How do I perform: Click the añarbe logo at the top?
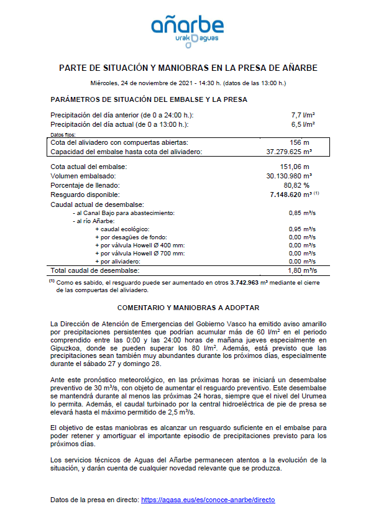[188, 30]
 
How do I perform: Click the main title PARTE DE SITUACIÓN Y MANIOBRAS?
[188, 68]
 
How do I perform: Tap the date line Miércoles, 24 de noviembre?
[188, 83]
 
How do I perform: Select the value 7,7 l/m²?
[303, 115]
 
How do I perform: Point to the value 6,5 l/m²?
[303, 124]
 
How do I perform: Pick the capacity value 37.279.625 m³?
[289, 152]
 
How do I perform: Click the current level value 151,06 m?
[295, 167]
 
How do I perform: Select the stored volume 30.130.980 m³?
[289, 176]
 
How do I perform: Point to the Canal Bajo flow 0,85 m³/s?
[303, 213]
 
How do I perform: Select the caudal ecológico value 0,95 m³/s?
[303, 229]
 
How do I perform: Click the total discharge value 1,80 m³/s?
[303, 271]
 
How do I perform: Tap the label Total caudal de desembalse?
[95, 271]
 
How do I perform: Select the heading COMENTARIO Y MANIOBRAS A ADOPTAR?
[188, 308]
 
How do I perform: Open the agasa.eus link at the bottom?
[208, 500]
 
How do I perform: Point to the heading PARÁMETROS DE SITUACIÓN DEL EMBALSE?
[149, 99]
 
